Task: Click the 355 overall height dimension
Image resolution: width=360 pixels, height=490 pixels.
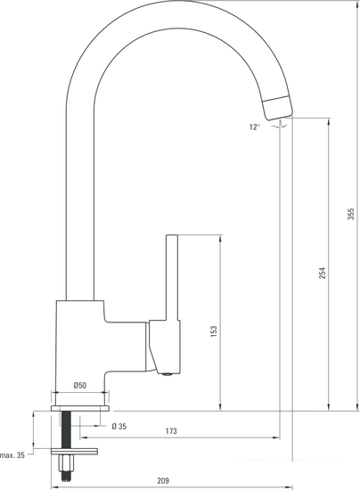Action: pos(351,214)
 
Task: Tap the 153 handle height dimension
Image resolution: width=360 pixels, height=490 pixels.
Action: pos(213,331)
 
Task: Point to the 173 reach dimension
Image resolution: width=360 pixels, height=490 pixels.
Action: pos(170,431)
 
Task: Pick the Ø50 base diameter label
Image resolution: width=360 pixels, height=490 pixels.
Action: pos(80,386)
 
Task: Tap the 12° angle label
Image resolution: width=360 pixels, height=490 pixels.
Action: pos(255,127)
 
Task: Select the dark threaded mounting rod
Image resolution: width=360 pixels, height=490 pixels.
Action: pos(66,437)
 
